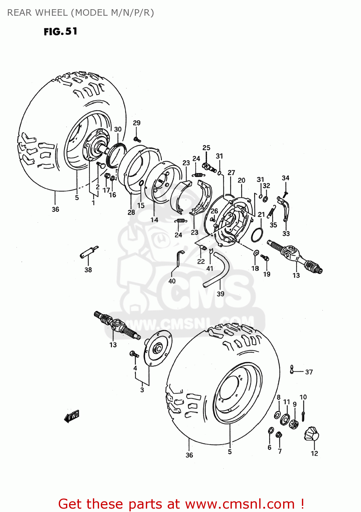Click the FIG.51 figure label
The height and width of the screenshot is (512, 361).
60,32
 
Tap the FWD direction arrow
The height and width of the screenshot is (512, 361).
72,416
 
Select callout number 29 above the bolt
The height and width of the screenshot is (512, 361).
137,123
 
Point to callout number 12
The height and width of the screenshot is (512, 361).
314,453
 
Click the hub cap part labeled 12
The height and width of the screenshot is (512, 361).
311,434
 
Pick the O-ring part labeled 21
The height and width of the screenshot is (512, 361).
257,235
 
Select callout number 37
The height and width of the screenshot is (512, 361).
309,372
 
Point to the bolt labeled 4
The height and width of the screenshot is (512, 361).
134,354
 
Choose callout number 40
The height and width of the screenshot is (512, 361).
172,281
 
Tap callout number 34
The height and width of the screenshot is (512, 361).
286,178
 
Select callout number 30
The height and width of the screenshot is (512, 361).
117,129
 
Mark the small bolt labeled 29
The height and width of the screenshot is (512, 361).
137,139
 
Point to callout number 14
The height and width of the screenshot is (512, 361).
154,220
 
